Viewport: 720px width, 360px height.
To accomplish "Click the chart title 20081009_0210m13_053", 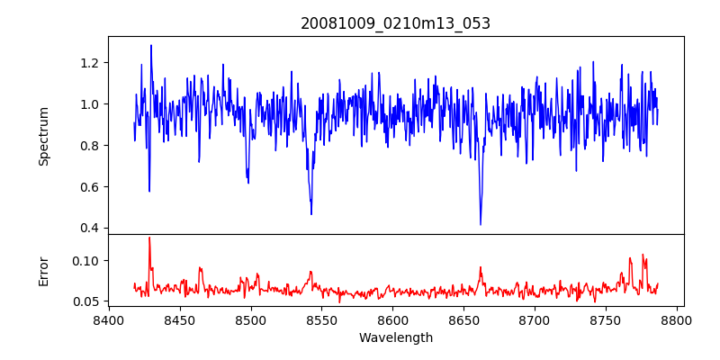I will coord(395,23).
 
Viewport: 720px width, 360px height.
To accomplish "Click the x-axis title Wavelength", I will coord(395,337).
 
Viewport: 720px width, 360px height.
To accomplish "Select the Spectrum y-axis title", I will coord(43,136).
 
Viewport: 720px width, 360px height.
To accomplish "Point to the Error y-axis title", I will coord(43,270).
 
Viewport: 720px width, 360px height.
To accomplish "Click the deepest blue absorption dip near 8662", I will coord(481,224).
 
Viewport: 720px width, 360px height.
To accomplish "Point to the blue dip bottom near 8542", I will coord(311,213).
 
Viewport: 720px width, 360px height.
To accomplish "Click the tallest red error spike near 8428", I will coord(149,238).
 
